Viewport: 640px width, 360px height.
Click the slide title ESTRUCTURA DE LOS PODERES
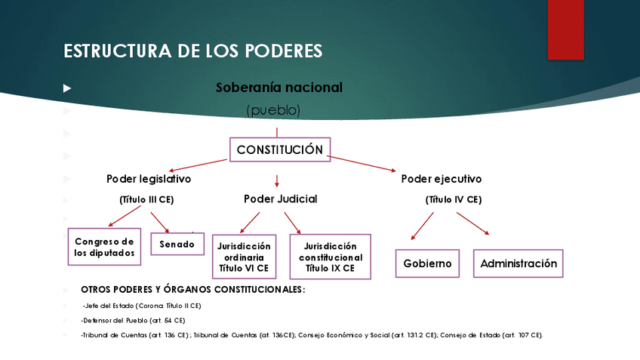[x=193, y=51]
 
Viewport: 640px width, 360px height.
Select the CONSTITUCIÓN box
[x=280, y=149]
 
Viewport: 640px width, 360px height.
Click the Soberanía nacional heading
[x=278, y=88]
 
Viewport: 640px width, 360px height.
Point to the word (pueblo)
[x=273, y=110]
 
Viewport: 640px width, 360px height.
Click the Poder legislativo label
[x=149, y=180]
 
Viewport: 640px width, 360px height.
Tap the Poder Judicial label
[x=280, y=199]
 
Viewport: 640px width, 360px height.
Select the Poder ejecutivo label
[x=442, y=180]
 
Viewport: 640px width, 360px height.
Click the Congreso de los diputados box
[x=105, y=247]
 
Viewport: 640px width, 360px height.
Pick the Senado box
[x=177, y=244]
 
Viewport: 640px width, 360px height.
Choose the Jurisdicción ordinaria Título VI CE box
[x=244, y=257]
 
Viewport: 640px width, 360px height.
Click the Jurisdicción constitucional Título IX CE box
[x=330, y=257]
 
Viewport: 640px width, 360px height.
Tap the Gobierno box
[x=427, y=263]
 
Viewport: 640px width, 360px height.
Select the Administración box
[x=518, y=263]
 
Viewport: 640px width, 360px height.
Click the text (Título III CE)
[x=146, y=200]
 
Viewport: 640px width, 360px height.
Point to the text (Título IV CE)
[x=453, y=200]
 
